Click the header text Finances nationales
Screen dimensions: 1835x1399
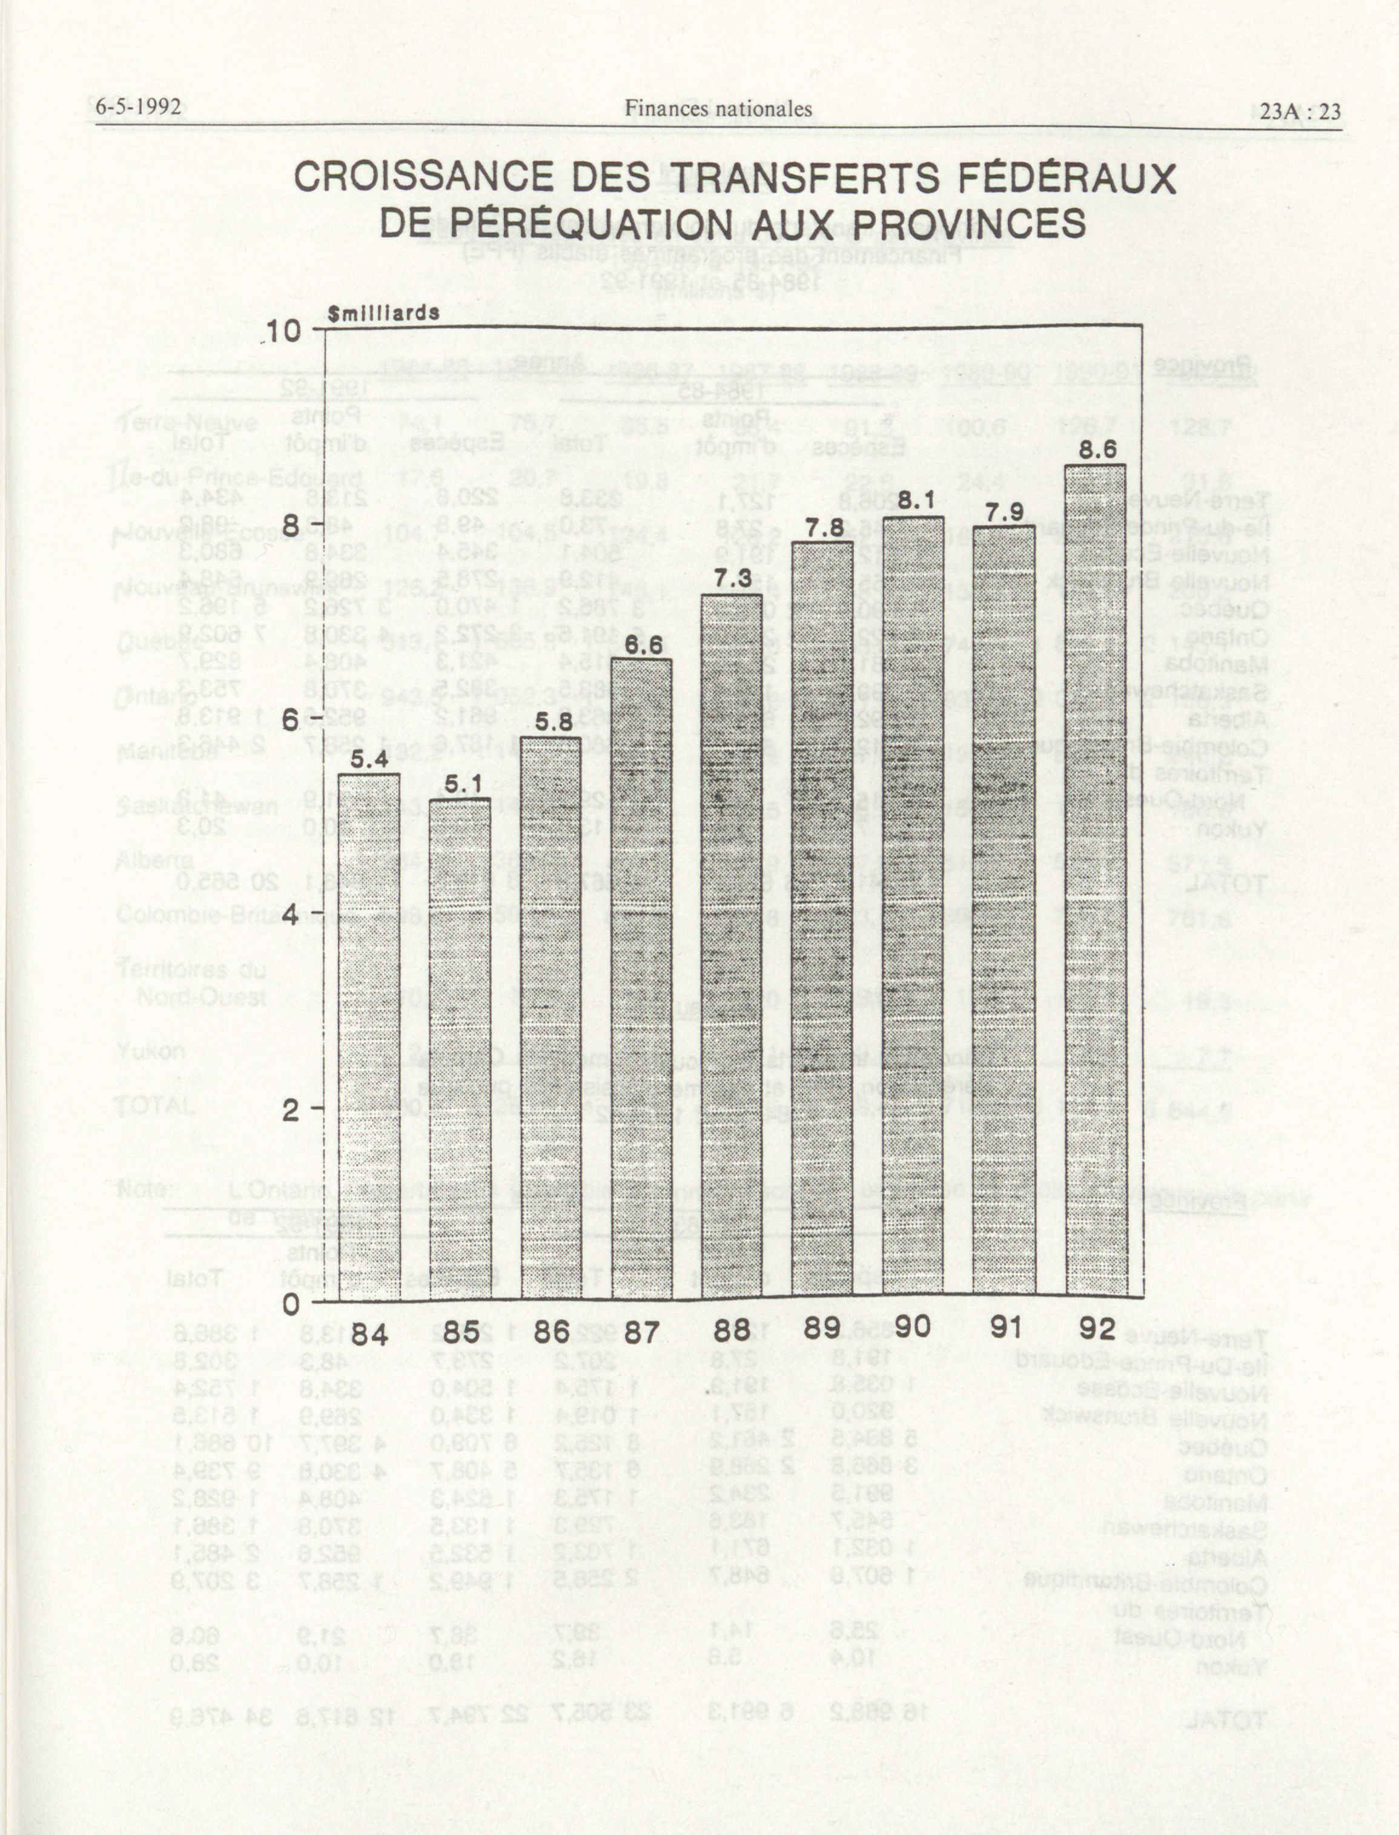[718, 109]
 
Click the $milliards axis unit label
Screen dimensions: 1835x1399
[384, 314]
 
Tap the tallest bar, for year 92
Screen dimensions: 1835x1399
[1096, 882]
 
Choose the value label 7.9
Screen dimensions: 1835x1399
[1004, 513]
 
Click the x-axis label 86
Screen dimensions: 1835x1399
[551, 1331]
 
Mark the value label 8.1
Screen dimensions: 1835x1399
[913, 503]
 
